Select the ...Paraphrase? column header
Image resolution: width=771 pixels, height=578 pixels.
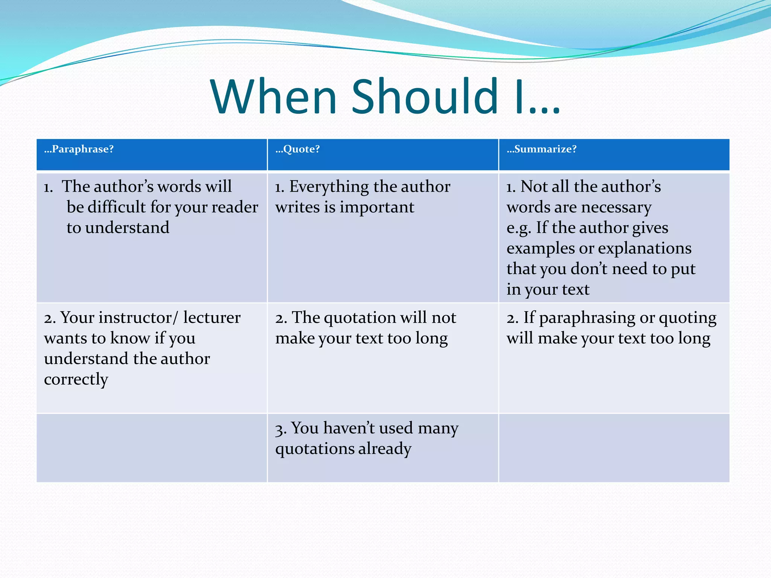tap(79, 149)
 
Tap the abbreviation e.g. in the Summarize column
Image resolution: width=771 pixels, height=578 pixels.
tap(518, 228)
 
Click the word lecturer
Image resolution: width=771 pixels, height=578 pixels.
tap(212, 318)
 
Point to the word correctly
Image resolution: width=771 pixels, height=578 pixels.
tap(76, 379)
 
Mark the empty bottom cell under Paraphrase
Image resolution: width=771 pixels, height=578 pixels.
tap(152, 448)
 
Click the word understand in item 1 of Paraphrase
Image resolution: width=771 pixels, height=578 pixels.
tap(127, 228)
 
